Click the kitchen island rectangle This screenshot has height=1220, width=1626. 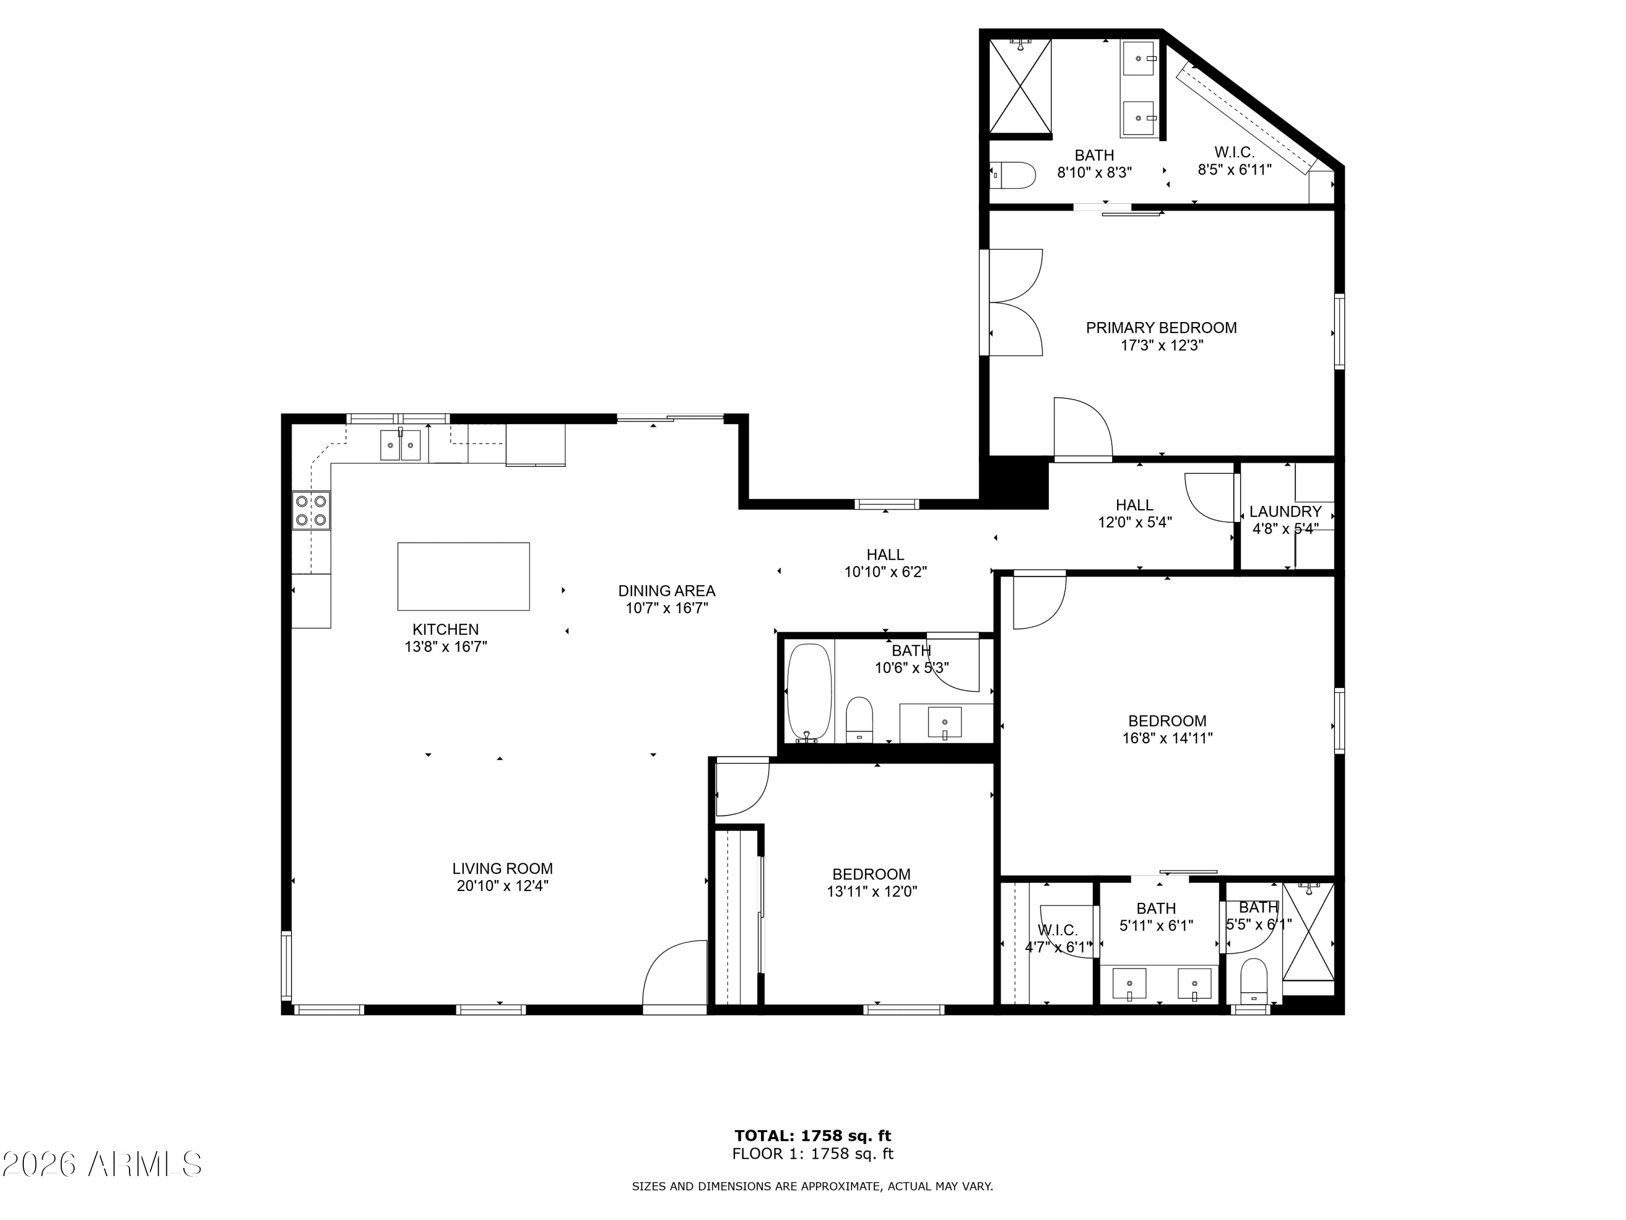coord(463,576)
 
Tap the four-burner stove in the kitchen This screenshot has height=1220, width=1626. coord(311,510)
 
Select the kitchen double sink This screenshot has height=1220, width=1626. coord(401,446)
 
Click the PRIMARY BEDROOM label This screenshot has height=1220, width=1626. coord(1162,328)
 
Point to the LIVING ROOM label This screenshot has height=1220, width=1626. coord(503,869)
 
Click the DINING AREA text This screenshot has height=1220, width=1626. coord(667,590)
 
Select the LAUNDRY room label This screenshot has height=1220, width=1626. coord(1286,511)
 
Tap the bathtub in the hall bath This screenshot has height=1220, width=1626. coord(809,694)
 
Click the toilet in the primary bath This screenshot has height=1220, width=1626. coord(1012,175)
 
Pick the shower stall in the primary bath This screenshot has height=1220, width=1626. coord(1020,86)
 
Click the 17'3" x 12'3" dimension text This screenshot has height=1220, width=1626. coord(1162,345)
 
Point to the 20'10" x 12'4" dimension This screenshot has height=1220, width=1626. coord(503,886)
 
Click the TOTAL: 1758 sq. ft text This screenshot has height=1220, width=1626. coord(813,1136)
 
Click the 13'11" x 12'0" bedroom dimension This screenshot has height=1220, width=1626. coord(872,892)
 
